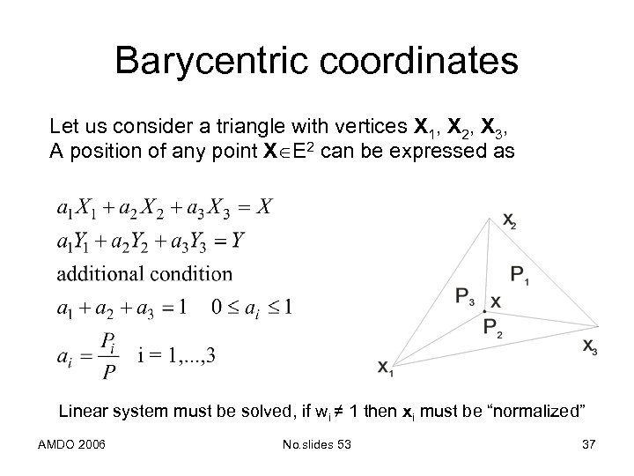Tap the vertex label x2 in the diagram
pos(510,223)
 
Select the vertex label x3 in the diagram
pos(590,346)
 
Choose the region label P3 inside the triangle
pos(467,297)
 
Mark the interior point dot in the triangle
pos(483,311)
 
